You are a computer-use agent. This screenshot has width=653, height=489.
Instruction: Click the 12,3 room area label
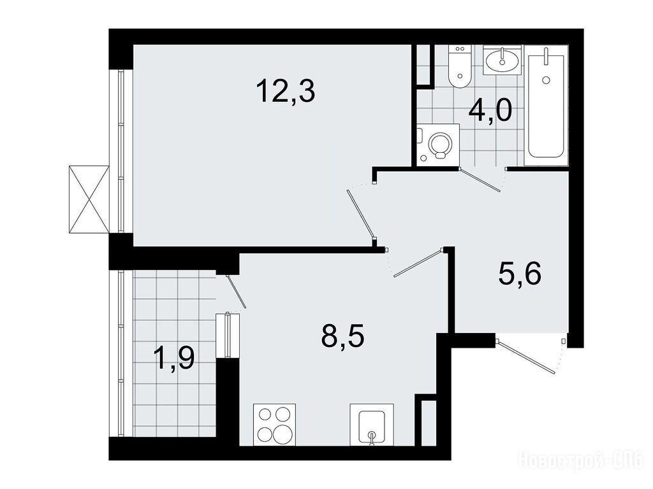[286, 92]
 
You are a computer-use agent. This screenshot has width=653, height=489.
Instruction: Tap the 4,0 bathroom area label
[490, 111]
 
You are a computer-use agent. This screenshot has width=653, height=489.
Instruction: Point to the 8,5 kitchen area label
[342, 336]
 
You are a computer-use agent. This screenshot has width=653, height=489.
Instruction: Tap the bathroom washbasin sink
[502, 60]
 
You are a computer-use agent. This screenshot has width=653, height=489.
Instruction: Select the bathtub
[546, 106]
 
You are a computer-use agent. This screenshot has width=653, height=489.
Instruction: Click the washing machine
[437, 145]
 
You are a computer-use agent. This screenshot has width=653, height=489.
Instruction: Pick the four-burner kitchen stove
[275, 425]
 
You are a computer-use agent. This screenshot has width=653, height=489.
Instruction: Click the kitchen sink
[372, 425]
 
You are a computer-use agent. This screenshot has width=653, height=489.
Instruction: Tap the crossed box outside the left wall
[89, 199]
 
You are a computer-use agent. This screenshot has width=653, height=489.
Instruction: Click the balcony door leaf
[237, 291]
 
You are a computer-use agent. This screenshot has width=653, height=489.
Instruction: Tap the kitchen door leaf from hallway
[418, 263]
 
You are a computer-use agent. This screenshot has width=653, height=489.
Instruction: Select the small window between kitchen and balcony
[228, 335]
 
